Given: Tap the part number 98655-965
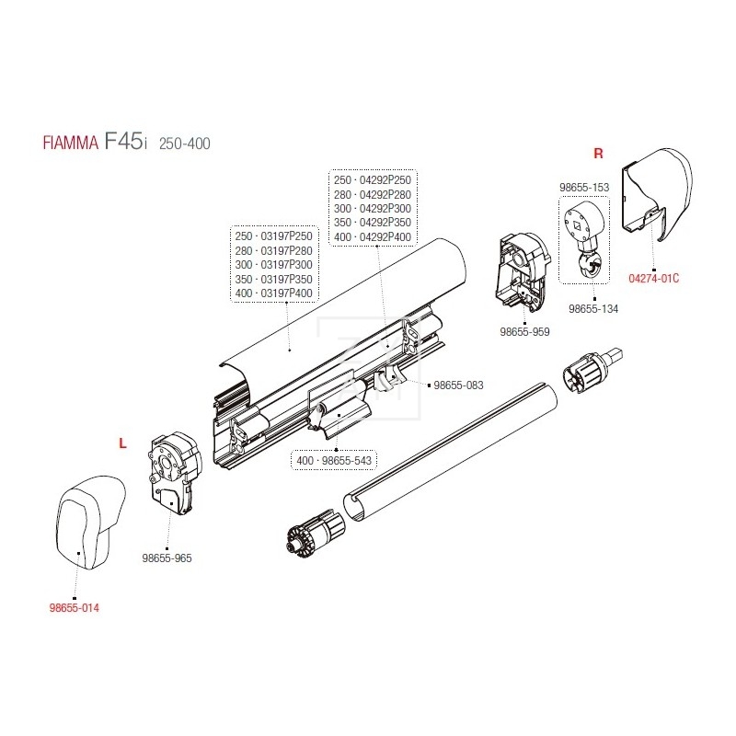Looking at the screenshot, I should pos(167,558).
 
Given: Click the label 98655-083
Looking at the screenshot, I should pos(458,385).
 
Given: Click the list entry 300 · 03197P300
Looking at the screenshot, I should pos(275,265).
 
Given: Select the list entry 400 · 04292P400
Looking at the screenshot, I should pos(373,236).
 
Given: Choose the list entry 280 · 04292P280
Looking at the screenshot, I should pos(373,195).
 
